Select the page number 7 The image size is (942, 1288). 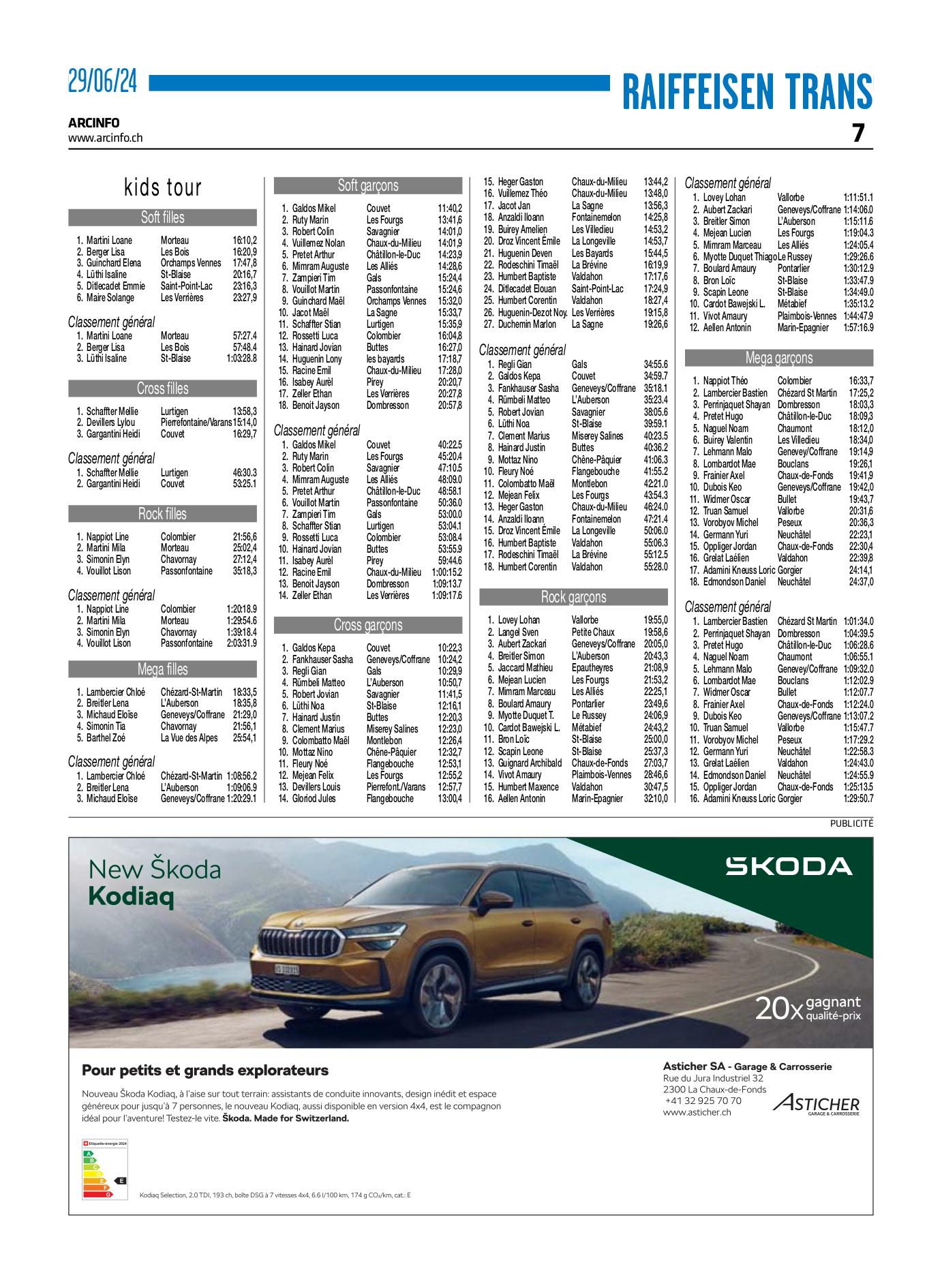[859, 133]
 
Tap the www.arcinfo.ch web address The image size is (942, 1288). [106, 137]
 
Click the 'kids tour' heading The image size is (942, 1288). [163, 187]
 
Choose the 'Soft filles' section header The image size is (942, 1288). [163, 217]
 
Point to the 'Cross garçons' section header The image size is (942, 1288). [368, 625]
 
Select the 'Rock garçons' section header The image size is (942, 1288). [573, 597]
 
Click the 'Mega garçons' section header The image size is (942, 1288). [778, 358]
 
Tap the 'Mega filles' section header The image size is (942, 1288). [163, 669]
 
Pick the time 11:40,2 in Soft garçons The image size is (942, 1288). [450, 208]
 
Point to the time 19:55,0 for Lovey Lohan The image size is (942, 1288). [656, 620]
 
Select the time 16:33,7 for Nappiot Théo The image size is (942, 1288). [861, 381]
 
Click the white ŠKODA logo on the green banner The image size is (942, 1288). [788, 867]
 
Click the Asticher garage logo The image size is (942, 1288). [816, 1105]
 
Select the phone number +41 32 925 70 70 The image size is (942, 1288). [703, 1101]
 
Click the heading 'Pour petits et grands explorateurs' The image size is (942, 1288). [205, 1070]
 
